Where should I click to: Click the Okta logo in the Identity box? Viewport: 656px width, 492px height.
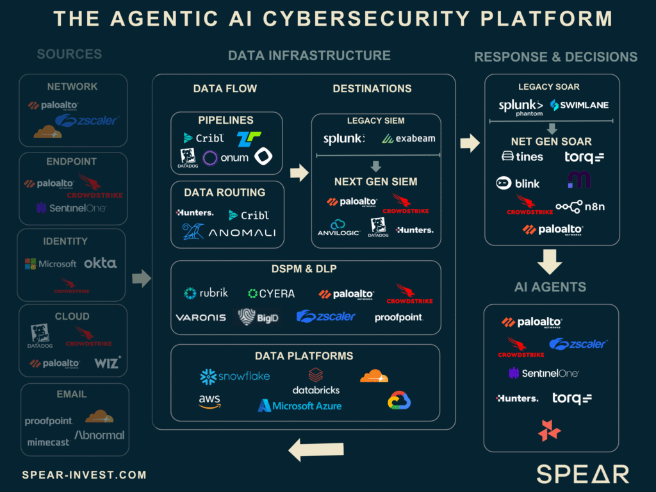[x=100, y=263]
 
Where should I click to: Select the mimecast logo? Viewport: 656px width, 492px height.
[x=48, y=441]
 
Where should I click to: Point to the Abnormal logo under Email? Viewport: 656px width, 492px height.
[x=99, y=435]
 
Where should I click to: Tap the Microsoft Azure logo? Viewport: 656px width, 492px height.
[x=299, y=406]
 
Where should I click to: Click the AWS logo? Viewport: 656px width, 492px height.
[x=209, y=402]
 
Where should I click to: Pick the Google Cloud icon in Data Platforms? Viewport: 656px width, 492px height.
[x=398, y=401]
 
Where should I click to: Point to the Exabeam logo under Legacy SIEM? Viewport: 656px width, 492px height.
[x=408, y=138]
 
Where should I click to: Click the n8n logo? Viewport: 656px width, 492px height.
[x=580, y=206]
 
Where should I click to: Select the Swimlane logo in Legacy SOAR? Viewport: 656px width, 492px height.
[x=579, y=105]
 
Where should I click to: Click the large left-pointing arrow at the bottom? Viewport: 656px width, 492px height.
[x=316, y=450]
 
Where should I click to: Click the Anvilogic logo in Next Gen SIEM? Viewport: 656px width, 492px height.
[x=337, y=228]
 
